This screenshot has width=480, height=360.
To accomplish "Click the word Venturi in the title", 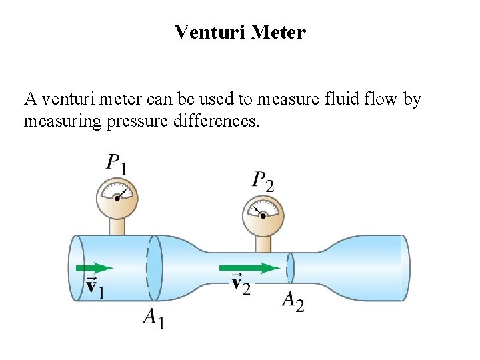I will coord(209,32).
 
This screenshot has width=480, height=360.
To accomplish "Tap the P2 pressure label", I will coord(262,180).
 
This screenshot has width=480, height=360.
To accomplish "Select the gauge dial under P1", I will coord(117,196).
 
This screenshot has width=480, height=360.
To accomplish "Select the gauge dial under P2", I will coord(263,213).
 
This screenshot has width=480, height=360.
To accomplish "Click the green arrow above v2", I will coord(250,268).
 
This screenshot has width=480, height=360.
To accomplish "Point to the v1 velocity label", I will coord(95,287).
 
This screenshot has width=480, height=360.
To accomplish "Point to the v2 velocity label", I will coord(241,285).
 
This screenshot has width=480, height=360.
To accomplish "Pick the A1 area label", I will coord(154,319).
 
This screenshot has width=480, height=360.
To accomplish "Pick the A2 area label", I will coord(293,301).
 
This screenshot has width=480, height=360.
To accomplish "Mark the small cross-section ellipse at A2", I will coord(291,267).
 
